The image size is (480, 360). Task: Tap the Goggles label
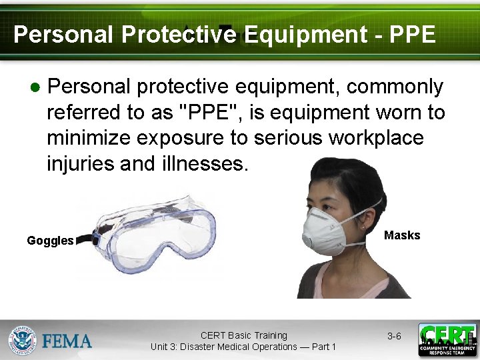pos(50,241)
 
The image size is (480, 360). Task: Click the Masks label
pos(402,235)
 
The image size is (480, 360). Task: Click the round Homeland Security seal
pos(23,340)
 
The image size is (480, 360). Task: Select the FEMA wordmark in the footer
pos(67,341)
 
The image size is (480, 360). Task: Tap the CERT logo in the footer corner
pos(447,340)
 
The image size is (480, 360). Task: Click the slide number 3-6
pos(394,337)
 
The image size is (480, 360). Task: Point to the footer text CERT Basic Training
pos(243,335)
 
